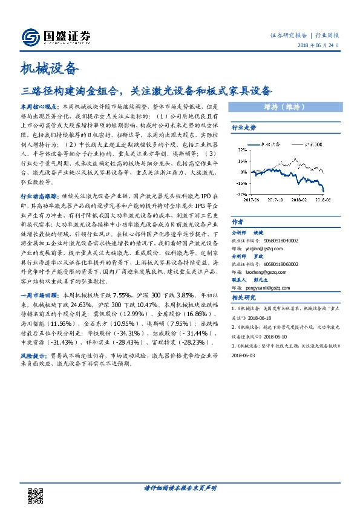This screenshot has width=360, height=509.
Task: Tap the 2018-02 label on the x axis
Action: tap(300, 198)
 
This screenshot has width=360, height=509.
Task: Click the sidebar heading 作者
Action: tap(237, 221)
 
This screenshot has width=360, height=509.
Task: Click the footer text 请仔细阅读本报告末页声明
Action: tap(180, 487)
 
